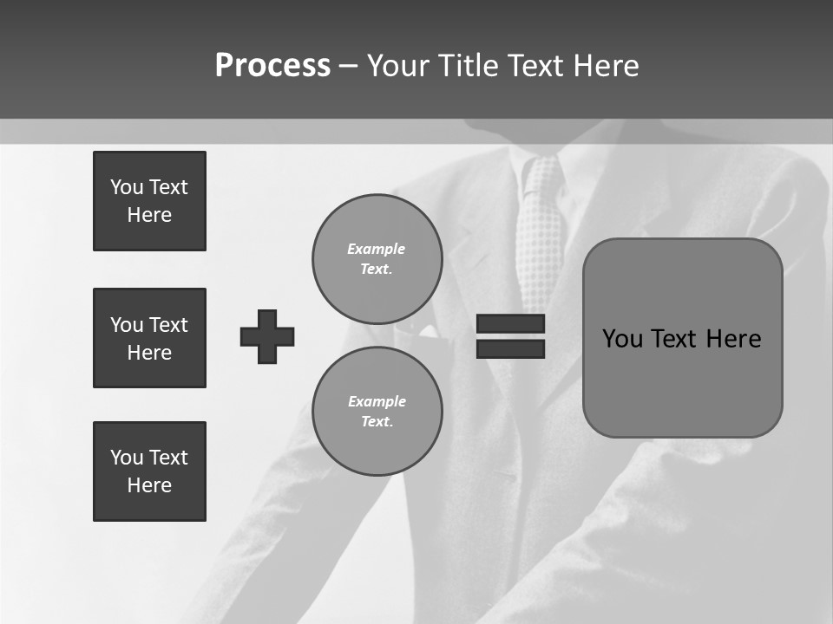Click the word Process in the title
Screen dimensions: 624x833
click(272, 66)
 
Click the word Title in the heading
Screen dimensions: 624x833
click(474, 66)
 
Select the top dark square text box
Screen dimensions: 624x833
click(149, 201)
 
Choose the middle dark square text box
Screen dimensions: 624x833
click(149, 338)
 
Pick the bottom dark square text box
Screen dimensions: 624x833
click(149, 471)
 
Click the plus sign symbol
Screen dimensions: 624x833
click(267, 336)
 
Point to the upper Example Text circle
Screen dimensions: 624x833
click(377, 258)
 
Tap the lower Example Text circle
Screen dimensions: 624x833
click(377, 411)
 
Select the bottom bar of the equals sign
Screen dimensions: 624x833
click(510, 348)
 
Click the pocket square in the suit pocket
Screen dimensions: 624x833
click(429, 332)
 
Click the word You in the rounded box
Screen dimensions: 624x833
click(621, 339)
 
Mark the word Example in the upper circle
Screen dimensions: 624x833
click(376, 249)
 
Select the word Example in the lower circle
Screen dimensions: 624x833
click(377, 401)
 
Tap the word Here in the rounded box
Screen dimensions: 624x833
click(733, 339)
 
